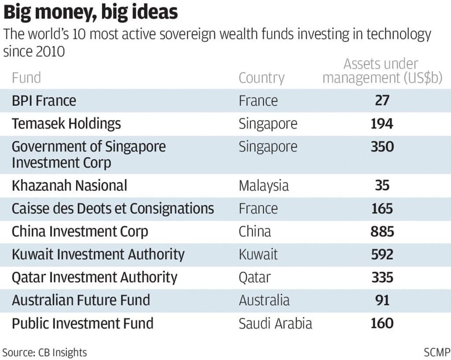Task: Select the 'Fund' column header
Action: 26,78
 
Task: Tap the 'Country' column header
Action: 261,78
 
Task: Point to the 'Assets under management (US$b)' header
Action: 382,71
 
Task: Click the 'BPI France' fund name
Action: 44,101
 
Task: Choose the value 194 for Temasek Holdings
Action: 382,124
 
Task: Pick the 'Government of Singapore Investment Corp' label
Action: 89,154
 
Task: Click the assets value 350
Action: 382,147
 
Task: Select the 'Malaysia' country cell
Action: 263,186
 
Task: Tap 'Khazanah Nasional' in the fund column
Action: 69,186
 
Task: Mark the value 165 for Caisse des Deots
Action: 382,208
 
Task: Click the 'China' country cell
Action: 255,231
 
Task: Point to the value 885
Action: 382,231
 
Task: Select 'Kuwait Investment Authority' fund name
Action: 98,254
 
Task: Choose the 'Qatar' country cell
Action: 255,277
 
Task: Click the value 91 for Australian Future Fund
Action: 382,300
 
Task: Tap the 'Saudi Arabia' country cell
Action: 275,323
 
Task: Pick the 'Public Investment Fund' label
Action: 82,323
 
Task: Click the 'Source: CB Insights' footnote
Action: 44,352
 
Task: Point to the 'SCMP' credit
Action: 436,352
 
